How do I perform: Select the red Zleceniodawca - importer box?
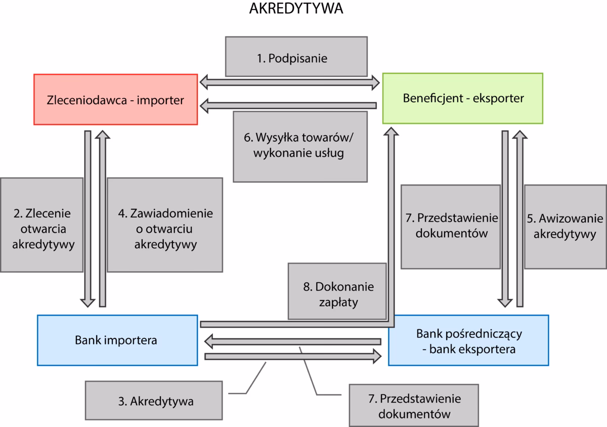(x=115, y=99)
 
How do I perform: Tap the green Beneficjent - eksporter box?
(x=462, y=98)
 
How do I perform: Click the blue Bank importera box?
(x=117, y=340)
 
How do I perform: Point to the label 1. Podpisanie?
(x=295, y=58)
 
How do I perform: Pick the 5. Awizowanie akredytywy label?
(x=565, y=226)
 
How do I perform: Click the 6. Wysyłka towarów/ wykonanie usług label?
(x=300, y=146)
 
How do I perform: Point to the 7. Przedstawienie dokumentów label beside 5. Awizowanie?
(x=450, y=226)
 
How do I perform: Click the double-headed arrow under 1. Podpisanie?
(x=290, y=80)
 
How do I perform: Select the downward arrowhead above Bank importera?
(x=88, y=302)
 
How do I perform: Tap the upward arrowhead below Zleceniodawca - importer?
(x=103, y=134)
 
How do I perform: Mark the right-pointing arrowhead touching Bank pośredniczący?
(x=375, y=357)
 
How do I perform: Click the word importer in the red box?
(x=163, y=99)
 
